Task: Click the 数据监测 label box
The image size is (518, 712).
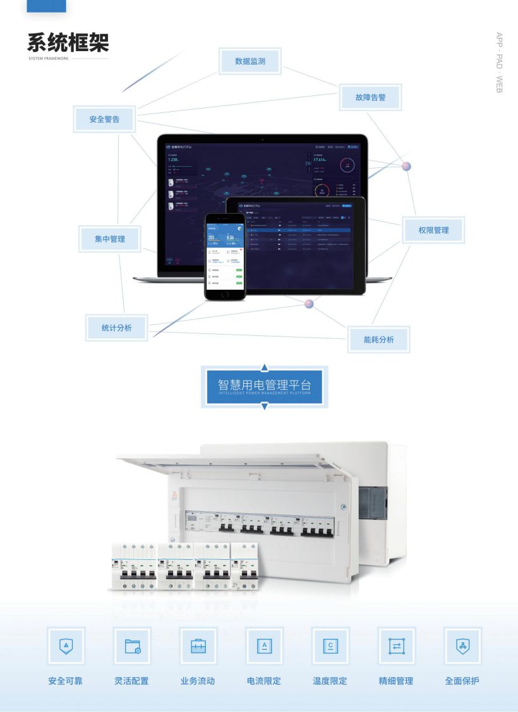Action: pos(250,61)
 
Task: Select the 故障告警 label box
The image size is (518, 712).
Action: pos(370,98)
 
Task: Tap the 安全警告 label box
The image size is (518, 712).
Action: pos(104,119)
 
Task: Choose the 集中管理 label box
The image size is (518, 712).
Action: pos(110,239)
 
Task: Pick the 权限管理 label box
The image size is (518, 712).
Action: pos(433,230)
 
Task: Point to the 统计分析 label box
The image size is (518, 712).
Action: pos(116,328)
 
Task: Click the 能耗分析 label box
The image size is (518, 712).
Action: pos(378,339)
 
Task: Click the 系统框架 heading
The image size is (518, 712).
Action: pos(68,42)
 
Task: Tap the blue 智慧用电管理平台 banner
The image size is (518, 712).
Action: pos(264,386)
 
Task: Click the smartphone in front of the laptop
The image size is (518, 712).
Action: pos(224,256)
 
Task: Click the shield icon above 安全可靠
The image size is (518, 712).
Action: pos(66,646)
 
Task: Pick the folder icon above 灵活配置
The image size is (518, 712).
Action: pos(132,646)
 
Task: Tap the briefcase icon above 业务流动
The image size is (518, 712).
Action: pos(198,646)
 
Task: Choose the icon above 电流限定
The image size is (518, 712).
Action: pos(264,646)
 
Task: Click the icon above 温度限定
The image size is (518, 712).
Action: pos(330,646)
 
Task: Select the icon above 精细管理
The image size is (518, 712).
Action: pos(396,646)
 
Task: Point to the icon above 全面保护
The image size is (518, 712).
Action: pos(462,646)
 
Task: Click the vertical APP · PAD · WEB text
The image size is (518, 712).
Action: pos(499,62)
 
